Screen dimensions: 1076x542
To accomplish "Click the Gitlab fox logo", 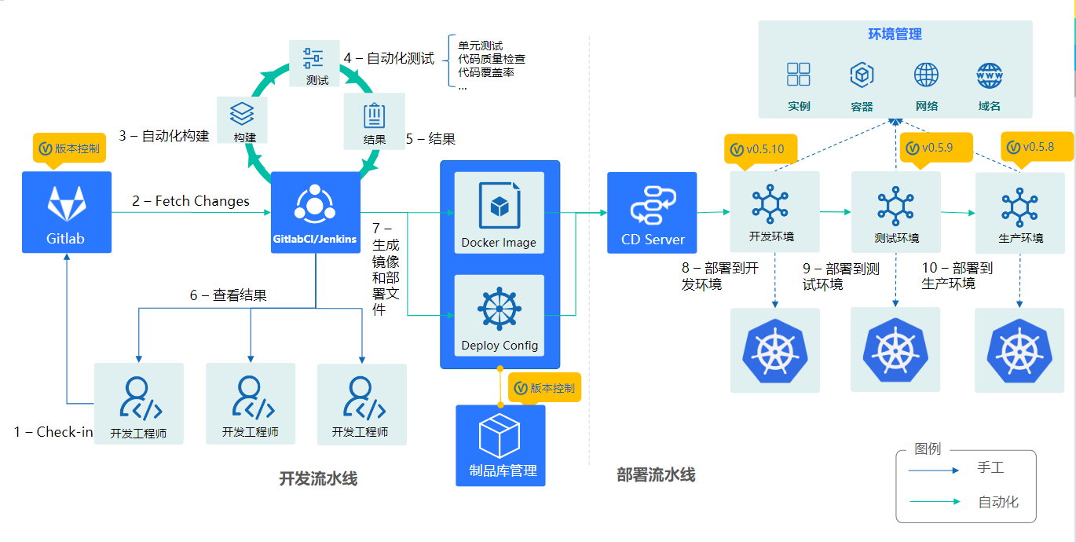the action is (x=67, y=203).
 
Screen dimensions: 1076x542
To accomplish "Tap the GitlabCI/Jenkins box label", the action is (x=315, y=239).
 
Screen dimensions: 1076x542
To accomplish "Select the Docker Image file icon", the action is (x=500, y=205).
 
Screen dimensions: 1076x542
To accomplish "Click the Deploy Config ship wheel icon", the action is (x=499, y=309).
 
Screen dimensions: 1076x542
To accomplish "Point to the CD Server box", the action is (x=652, y=212).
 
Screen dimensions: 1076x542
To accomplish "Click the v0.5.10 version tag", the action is (x=760, y=149).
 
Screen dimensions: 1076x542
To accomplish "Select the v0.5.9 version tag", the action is (x=935, y=148).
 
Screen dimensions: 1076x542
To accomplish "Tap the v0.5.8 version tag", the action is (x=1037, y=147).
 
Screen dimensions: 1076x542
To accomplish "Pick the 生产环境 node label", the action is (x=1021, y=238).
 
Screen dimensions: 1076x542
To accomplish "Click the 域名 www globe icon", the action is (x=990, y=76).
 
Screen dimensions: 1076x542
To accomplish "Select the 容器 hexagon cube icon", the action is (x=862, y=75).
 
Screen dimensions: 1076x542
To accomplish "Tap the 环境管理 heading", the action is (x=895, y=34).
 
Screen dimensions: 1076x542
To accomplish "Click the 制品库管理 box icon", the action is (x=500, y=435).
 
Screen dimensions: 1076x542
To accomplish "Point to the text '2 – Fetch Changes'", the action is (x=191, y=201).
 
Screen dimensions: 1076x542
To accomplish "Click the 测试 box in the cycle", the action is (x=315, y=64).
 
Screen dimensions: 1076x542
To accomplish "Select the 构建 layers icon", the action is (x=242, y=113).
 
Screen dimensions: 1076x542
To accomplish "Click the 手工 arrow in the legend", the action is (x=934, y=471).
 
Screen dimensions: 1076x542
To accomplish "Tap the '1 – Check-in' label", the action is (x=53, y=432).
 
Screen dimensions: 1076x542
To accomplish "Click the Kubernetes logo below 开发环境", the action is (x=775, y=350).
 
